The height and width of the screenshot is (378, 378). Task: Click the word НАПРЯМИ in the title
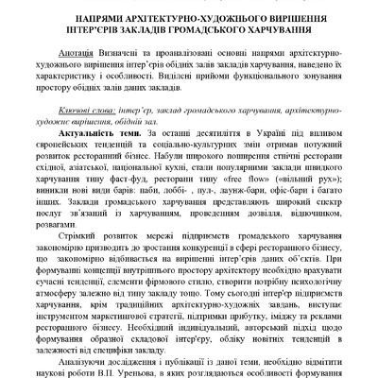point(91,19)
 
